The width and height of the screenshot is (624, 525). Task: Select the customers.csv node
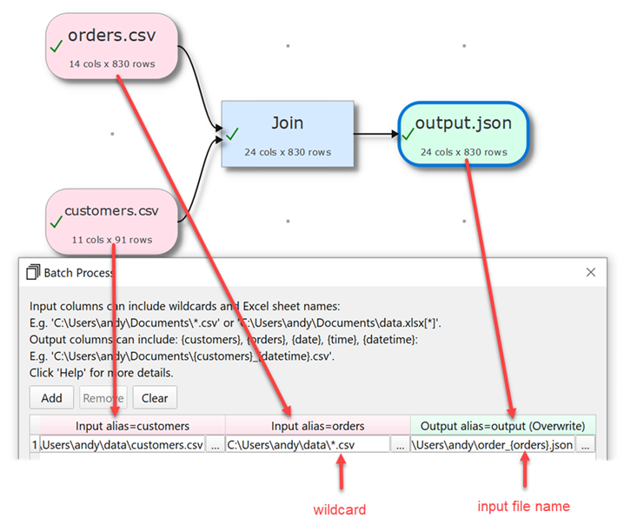[x=111, y=221]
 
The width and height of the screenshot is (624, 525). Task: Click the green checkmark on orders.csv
[x=56, y=49]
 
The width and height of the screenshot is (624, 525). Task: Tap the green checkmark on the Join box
[x=232, y=135]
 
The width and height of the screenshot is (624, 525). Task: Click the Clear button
[x=155, y=398]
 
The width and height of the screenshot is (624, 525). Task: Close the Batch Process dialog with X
[x=591, y=272]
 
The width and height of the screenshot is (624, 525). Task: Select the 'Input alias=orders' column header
[x=317, y=425]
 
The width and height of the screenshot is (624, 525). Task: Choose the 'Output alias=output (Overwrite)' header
[x=502, y=425]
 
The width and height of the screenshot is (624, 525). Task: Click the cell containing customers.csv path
[x=122, y=445]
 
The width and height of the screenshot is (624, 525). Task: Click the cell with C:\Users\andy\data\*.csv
[x=307, y=445]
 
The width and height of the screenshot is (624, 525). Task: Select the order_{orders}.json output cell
[x=493, y=445]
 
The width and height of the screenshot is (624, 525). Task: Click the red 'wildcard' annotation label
[x=340, y=510]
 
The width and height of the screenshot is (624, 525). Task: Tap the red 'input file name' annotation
[x=524, y=506]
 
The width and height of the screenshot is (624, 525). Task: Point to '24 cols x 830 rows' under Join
[x=287, y=152]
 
